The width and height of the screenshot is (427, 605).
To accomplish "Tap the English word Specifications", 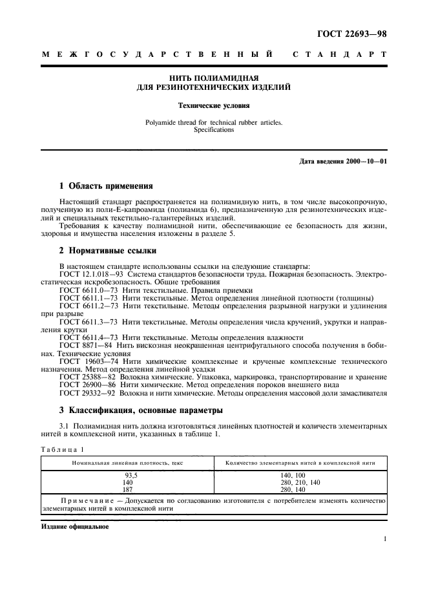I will point(214,129).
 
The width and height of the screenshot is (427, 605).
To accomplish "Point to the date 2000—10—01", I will point(366,160).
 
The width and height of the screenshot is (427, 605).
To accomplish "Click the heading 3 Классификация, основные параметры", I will point(141,410).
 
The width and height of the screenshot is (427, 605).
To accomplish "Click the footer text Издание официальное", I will point(75,525).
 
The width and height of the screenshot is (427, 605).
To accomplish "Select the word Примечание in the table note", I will point(90,501).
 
